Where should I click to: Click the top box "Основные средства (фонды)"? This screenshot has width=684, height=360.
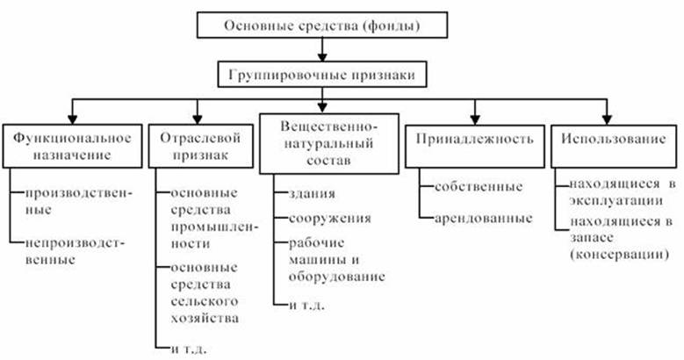pyautogui.click(x=322, y=25)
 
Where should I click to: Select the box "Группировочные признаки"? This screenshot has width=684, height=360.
pyautogui.click(x=322, y=75)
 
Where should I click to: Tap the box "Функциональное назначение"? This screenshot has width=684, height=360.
pyautogui.click(x=72, y=146)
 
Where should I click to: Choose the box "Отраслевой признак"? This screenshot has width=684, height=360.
pyautogui.click(x=201, y=146)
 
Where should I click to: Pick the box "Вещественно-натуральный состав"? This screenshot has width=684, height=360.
pyautogui.click(x=329, y=144)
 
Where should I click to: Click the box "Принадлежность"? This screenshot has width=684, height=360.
pyautogui.click(x=475, y=146)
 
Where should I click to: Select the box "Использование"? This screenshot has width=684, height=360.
pyautogui.click(x=614, y=146)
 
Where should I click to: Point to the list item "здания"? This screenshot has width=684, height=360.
pyautogui.click(x=312, y=194)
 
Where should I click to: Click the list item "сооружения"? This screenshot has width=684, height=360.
pyautogui.click(x=330, y=218)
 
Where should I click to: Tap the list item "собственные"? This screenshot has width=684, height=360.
pyautogui.click(x=479, y=187)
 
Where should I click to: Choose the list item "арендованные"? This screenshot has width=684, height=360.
pyautogui.click(x=483, y=218)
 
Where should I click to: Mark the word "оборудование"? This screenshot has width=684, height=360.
pyautogui.click(x=337, y=277)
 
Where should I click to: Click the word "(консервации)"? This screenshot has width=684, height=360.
pyautogui.click(x=619, y=255)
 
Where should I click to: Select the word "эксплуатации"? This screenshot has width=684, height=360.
pyautogui.click(x=616, y=201)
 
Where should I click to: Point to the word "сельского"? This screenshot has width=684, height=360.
pyautogui.click(x=205, y=301)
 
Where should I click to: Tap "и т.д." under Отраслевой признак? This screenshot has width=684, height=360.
pyautogui.click(x=189, y=349)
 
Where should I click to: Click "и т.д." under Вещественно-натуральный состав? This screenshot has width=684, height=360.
pyautogui.click(x=306, y=305)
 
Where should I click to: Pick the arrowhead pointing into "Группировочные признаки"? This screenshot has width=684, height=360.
pyautogui.click(x=322, y=57)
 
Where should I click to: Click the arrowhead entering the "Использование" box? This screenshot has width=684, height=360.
pyautogui.click(x=607, y=119)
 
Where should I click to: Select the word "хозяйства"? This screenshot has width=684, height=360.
pyautogui.click(x=205, y=318)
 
